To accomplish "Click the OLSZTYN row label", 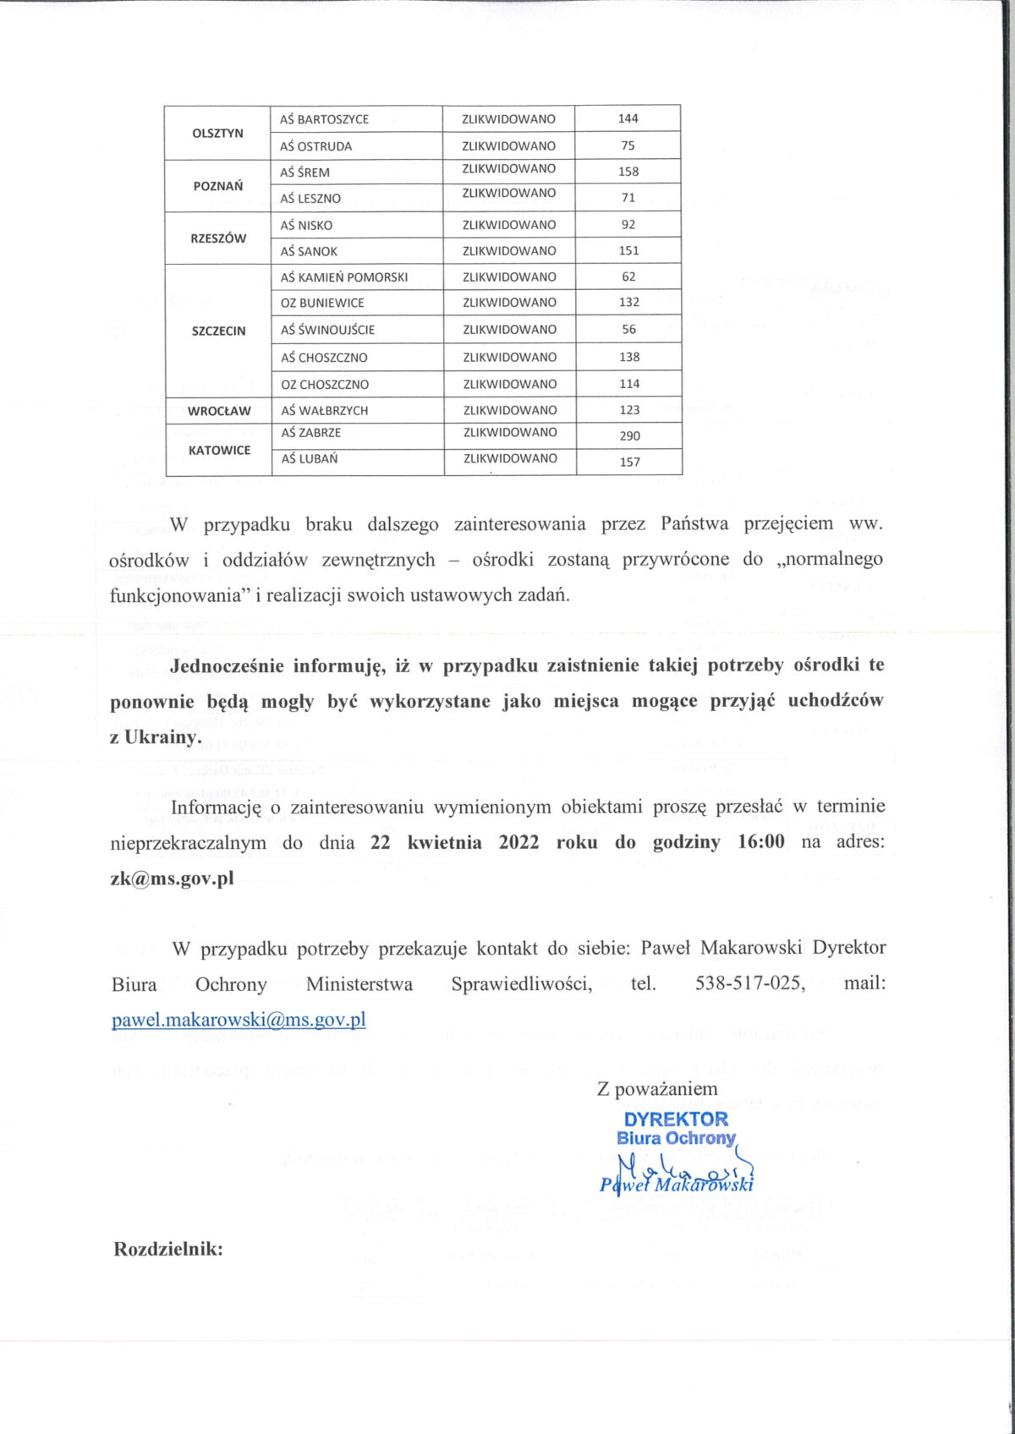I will coord(217,134).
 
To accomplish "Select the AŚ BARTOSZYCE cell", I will coord(325,119).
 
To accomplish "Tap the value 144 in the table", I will coord(628,118).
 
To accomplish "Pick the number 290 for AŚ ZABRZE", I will coord(629,436).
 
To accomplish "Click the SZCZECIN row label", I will coord(218,331).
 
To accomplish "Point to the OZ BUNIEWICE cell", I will coord(322,303).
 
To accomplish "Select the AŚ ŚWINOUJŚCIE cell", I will coord(327,330).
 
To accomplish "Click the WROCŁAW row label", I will coord(219,411).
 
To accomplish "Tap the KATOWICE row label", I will coord(219,451).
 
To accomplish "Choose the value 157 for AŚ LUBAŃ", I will coord(629,462).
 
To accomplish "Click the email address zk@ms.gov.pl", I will coord(172,878).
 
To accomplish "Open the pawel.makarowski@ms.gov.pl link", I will coord(239,1020).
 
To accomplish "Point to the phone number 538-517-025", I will coord(750,983).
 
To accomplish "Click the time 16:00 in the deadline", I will coord(761,842).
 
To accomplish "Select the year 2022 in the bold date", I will coord(518,842).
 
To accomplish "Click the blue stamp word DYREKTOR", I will coord(675,1119).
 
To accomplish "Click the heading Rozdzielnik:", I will coord(168,1249).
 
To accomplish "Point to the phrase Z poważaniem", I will coord(657,1089).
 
